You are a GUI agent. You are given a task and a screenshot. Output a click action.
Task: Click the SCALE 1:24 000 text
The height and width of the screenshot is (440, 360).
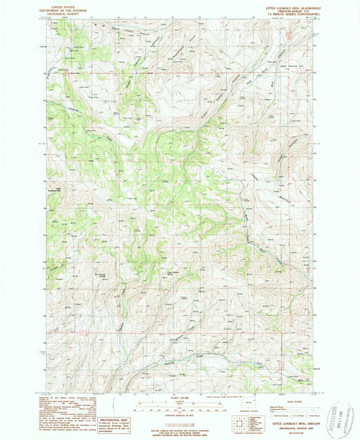tap(180, 397)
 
